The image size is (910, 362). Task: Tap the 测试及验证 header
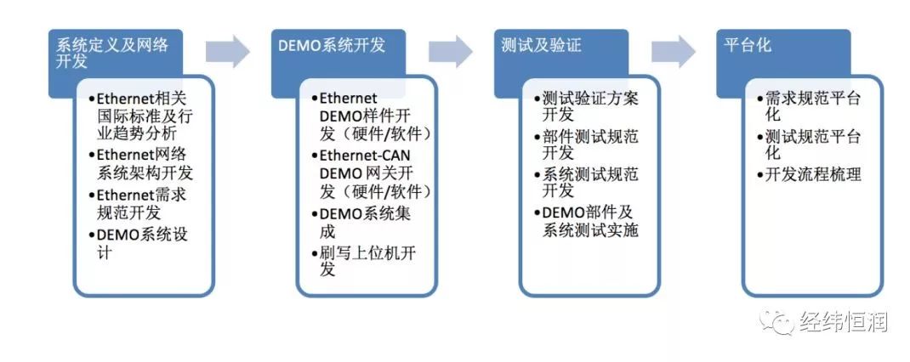point(541,45)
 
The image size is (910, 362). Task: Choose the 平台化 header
point(748,45)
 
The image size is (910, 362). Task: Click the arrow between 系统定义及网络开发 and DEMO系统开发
point(228,52)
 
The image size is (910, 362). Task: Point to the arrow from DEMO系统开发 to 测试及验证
point(451,52)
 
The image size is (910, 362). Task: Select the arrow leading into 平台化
point(674,52)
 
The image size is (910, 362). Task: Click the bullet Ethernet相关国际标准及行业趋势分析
point(141,116)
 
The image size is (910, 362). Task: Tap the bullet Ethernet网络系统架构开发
point(141,164)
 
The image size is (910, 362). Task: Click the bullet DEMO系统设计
point(139,244)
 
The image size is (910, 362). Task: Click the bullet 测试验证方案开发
point(587,107)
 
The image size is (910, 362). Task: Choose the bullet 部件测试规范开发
point(587,145)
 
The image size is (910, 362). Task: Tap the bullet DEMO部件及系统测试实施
point(587,220)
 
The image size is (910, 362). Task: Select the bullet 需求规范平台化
point(809,107)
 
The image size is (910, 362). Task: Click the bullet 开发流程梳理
point(809,173)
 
